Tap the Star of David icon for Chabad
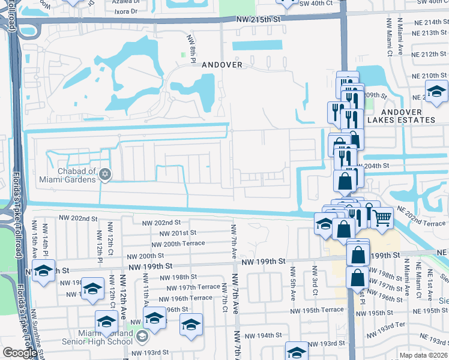click(x=105, y=174)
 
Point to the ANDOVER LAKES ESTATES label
click(x=400, y=116)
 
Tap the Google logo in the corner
click(x=20, y=352)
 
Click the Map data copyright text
click(x=423, y=355)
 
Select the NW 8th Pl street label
click(x=191, y=46)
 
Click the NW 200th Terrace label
click(x=178, y=244)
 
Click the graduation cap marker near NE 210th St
click(x=436, y=91)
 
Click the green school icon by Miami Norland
click(x=142, y=336)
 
